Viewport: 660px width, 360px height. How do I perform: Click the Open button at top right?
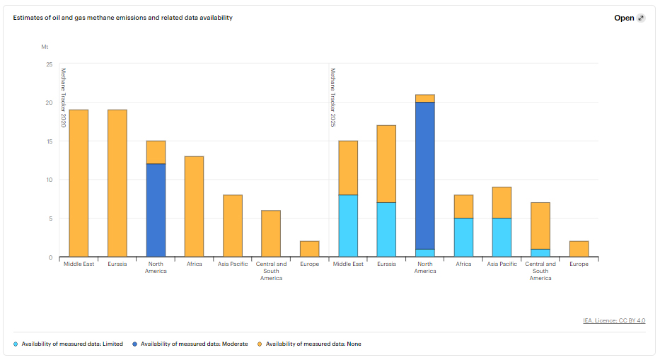point(629,18)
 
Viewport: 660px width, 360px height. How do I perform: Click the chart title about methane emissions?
point(122,18)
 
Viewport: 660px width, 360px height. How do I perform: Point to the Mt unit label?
point(45,47)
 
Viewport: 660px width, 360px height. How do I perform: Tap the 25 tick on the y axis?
point(49,64)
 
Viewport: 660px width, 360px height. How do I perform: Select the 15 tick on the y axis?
point(49,141)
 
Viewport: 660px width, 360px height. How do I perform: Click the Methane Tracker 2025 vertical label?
point(332,98)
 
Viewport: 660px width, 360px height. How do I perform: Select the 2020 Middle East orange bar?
point(79,183)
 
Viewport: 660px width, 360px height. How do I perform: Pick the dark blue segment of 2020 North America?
point(156,210)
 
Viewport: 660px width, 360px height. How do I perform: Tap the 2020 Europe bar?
point(309,249)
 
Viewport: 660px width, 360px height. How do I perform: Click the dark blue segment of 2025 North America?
point(425,175)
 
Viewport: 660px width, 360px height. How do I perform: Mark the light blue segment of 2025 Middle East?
point(348,226)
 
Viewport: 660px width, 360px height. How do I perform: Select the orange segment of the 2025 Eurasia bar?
point(386,163)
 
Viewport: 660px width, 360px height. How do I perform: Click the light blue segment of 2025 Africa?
point(463,237)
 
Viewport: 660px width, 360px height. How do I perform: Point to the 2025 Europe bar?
point(579,249)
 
